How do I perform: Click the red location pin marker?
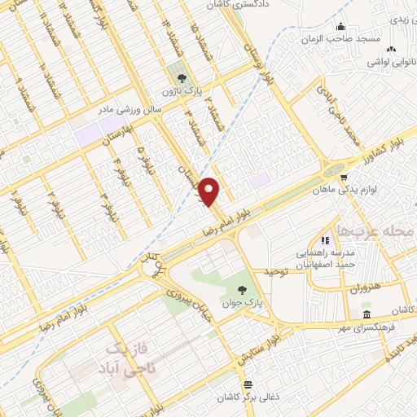point(210,191)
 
